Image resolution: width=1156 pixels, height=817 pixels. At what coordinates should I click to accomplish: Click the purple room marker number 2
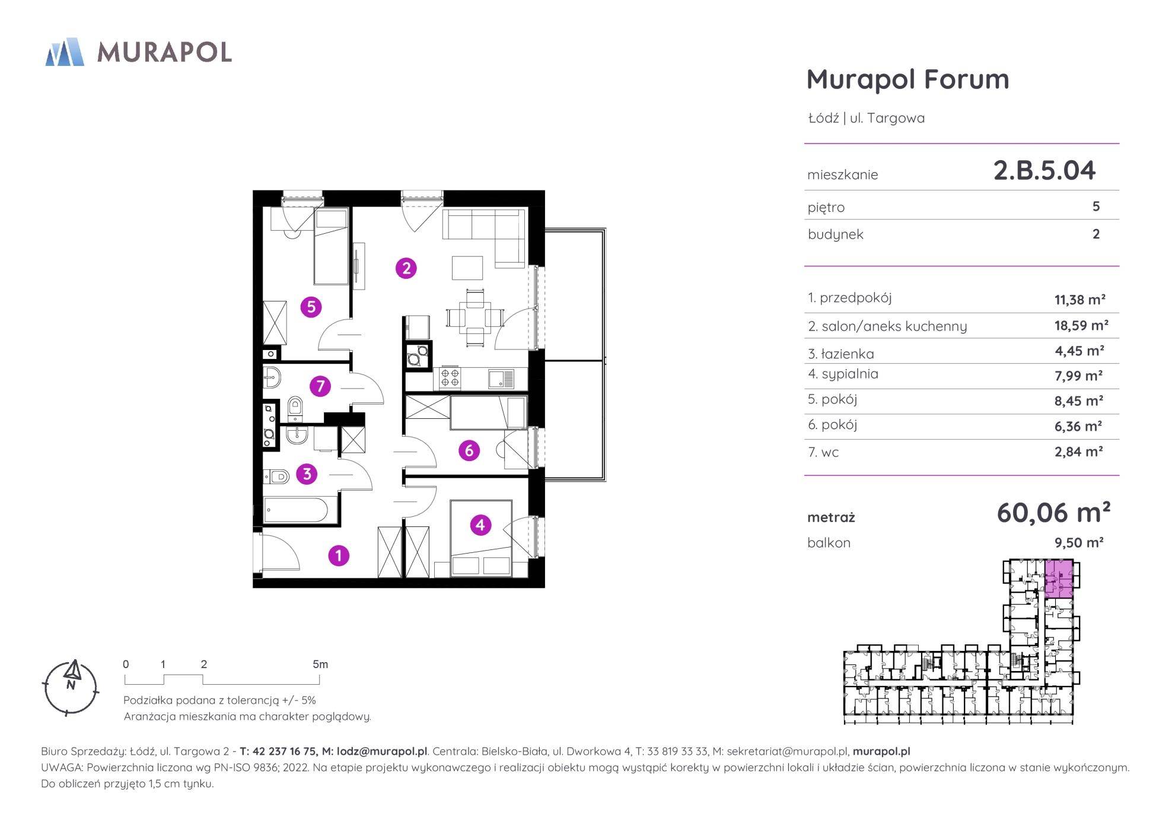(x=406, y=268)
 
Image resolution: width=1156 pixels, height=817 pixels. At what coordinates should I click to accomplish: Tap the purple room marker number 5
(x=311, y=307)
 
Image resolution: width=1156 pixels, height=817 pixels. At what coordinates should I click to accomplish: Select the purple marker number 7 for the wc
(x=320, y=387)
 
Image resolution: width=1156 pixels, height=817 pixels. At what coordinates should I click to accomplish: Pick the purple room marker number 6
(x=469, y=451)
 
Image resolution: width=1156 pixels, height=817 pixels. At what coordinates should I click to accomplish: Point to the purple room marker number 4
(x=480, y=524)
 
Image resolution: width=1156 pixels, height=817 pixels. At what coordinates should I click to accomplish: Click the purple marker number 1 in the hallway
(x=339, y=556)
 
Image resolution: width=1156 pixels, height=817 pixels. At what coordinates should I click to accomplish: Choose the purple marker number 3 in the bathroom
(x=307, y=474)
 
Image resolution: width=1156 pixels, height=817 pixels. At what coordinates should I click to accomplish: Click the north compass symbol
(x=71, y=686)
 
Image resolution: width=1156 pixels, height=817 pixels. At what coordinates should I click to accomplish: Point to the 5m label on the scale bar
(x=320, y=664)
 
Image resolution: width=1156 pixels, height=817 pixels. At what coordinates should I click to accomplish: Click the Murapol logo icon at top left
(x=65, y=52)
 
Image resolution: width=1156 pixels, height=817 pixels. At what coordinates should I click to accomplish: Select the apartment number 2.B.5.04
(x=1044, y=170)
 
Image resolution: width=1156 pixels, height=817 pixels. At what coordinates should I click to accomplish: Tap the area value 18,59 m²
(x=1081, y=325)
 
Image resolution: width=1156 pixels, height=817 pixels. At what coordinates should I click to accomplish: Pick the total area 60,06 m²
(x=1053, y=513)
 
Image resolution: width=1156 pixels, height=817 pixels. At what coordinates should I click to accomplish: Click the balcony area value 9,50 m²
(x=1079, y=542)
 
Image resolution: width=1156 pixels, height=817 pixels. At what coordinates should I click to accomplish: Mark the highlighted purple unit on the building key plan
(x=1059, y=578)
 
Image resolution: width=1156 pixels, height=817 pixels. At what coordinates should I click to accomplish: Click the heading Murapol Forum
(x=907, y=79)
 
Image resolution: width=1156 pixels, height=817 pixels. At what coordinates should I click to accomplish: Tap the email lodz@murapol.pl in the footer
(x=382, y=751)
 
